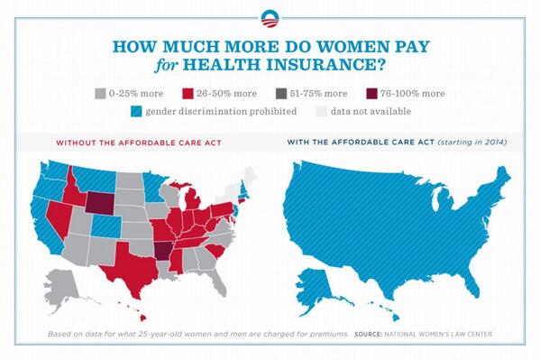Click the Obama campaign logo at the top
(270, 17)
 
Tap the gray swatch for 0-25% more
(99, 93)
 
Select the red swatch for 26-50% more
(188, 93)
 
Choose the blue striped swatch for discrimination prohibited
(137, 112)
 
